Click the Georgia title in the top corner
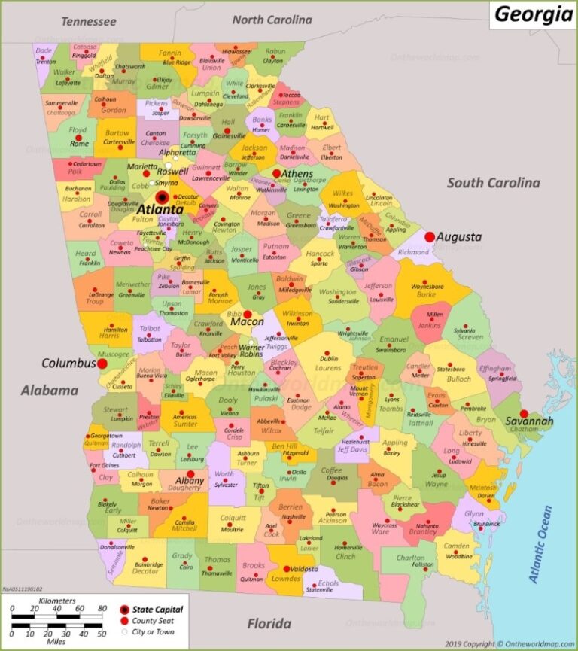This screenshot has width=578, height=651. pyautogui.click(x=533, y=14)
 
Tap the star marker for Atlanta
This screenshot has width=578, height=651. pyautogui.click(x=162, y=197)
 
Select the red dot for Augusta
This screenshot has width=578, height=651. pyautogui.click(x=430, y=237)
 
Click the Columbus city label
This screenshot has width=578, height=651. pyautogui.click(x=68, y=363)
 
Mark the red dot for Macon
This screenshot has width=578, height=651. pyautogui.click(x=248, y=314)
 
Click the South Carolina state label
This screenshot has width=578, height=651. pyautogui.click(x=493, y=183)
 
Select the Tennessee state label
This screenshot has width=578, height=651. pyautogui.click(x=89, y=21)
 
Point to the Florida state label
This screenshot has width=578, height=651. pyautogui.click(x=269, y=623)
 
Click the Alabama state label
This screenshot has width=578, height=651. pyautogui.click(x=50, y=391)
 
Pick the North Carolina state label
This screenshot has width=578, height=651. pyautogui.click(x=272, y=20)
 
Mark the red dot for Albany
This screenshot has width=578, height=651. pyautogui.click(x=190, y=475)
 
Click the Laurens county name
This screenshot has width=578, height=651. pyautogui.click(x=327, y=369)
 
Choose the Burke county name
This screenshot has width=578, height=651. pyautogui.click(x=426, y=295)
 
